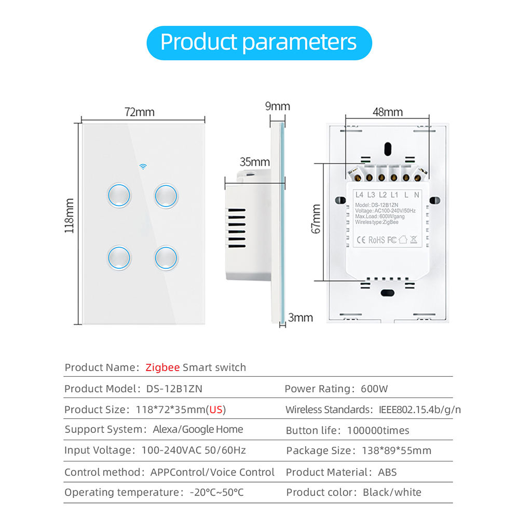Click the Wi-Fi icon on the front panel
(143, 167)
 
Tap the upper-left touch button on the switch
(119, 195)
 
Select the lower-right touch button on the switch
(166, 257)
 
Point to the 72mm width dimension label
(139, 112)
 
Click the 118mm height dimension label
(69, 216)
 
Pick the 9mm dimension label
(277, 106)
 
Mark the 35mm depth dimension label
(254, 162)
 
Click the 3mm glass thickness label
(300, 318)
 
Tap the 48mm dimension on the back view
(388, 112)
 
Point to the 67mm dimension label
(316, 219)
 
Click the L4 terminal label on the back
(359, 195)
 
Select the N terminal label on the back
(416, 195)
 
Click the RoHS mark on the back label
(376, 240)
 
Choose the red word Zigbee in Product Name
(162, 367)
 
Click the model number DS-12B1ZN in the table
(174, 389)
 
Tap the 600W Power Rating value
(374, 389)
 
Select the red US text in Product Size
(216, 410)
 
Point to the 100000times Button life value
(378, 430)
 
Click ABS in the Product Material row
(387, 472)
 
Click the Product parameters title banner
(259, 43)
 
